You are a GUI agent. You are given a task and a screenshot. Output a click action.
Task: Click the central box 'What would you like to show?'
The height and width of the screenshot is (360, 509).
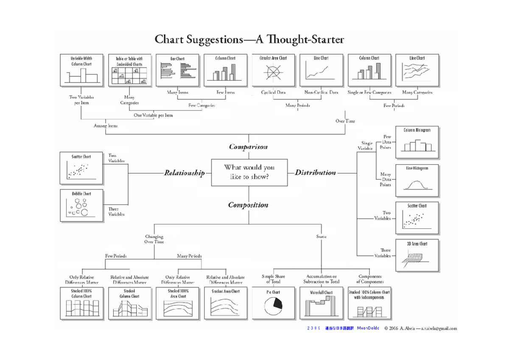click(249, 172)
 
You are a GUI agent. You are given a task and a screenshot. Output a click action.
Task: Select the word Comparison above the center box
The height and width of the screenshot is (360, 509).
click(249, 147)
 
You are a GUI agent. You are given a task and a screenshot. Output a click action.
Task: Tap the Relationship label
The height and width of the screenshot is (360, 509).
click(185, 173)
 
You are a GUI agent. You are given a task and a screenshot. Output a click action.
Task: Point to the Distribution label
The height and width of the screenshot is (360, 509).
click(315, 172)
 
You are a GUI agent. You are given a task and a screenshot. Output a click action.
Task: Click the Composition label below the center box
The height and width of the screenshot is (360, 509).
click(249, 205)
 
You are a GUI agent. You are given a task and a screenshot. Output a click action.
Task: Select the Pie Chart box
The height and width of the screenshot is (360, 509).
click(273, 303)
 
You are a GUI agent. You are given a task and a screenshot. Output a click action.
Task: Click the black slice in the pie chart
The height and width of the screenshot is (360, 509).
click(278, 303)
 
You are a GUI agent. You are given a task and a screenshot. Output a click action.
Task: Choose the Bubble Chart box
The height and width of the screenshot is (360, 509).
click(81, 205)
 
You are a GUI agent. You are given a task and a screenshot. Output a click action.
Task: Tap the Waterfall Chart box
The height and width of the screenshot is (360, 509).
click(321, 303)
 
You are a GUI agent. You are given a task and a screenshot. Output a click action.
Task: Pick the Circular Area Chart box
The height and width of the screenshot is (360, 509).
click(273, 70)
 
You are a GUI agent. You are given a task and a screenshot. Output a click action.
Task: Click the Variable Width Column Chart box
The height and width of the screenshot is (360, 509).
click(81, 70)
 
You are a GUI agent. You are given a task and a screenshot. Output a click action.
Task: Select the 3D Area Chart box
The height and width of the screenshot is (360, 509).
click(417, 256)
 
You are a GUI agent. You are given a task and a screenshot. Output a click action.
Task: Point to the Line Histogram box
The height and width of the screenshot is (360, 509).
click(417, 180)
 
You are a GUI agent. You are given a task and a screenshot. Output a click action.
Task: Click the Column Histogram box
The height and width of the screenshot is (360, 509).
click(417, 142)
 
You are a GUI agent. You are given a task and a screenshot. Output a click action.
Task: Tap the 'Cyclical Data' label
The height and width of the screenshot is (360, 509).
click(274, 92)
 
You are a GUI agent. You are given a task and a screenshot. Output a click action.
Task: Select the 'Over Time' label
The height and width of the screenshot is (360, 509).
click(345, 121)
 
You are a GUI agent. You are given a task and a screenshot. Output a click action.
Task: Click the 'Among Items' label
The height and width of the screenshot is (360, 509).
click(106, 126)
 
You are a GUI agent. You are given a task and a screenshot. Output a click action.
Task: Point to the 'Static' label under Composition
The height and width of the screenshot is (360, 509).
click(321, 236)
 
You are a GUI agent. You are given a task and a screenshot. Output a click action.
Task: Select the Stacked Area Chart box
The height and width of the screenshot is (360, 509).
click(225, 303)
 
